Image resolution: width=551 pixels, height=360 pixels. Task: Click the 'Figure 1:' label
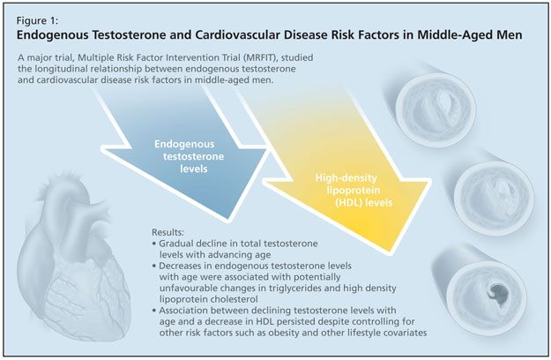pyautogui.click(x=37, y=21)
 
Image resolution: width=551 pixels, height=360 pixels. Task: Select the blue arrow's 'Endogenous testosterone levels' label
pyautogui.click(x=189, y=156)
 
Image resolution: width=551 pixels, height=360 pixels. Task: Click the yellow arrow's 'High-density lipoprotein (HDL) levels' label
pyautogui.click(x=354, y=191)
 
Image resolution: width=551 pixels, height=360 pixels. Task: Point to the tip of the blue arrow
pyautogui.click(x=228, y=220)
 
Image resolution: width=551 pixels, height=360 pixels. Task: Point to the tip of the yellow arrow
pyautogui.click(x=391, y=252)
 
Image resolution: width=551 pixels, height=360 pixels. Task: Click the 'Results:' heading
pyautogui.click(x=168, y=232)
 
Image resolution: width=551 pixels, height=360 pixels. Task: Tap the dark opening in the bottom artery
pyautogui.click(x=497, y=293)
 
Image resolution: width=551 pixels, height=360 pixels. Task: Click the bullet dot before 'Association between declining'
pyautogui.click(x=154, y=311)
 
